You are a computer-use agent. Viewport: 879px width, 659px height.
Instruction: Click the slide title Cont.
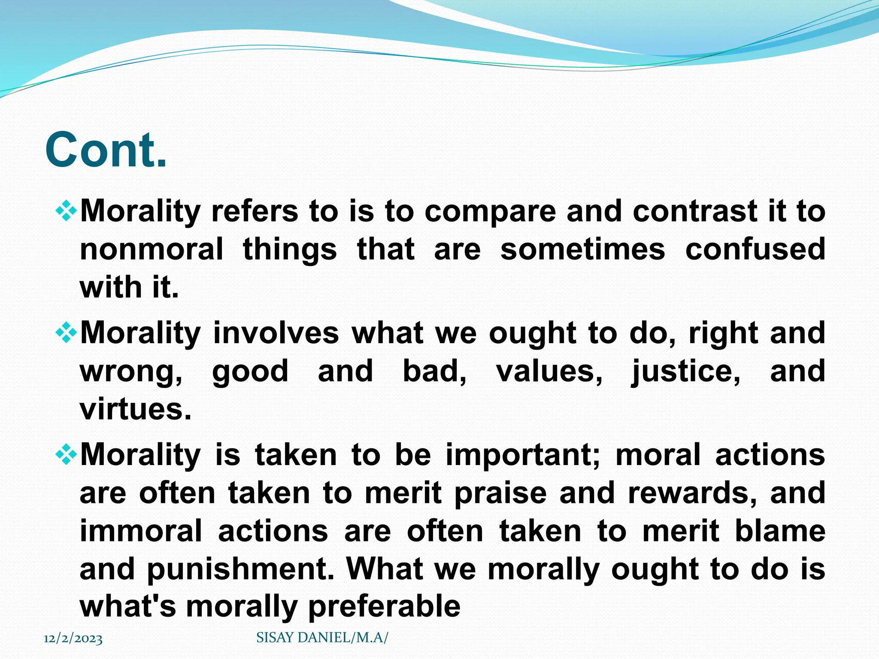(106, 150)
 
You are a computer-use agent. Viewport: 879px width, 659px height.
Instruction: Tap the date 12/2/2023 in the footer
(73, 639)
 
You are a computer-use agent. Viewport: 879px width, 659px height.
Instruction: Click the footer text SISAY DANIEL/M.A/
(322, 638)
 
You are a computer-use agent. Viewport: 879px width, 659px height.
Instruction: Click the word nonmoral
(152, 249)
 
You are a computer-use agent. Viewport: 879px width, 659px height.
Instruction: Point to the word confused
(755, 249)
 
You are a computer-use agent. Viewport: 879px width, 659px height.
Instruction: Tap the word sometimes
(582, 249)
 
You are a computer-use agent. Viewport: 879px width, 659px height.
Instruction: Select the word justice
(685, 372)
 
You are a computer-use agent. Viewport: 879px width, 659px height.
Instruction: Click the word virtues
(135, 409)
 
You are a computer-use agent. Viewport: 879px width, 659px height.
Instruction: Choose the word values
(549, 372)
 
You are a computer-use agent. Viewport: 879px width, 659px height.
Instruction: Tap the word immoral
(141, 531)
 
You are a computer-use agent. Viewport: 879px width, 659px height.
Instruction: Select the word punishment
(240, 569)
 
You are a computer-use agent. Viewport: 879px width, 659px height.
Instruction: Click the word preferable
(384, 607)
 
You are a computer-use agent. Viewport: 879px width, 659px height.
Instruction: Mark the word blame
(780, 531)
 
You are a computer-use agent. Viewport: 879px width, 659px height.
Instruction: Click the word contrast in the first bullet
(694, 212)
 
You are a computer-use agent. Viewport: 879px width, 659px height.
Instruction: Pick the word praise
(500, 494)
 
